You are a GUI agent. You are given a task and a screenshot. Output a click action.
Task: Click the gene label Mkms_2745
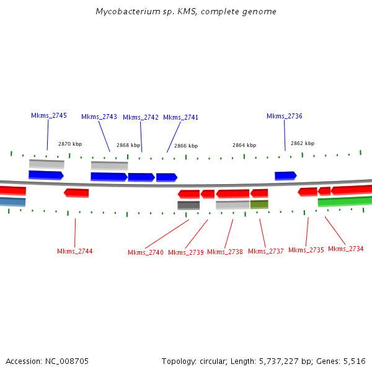tap(49, 116)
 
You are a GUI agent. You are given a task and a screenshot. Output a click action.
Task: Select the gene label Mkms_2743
tap(99, 117)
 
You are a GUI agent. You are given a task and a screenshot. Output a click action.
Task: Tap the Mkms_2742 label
tap(141, 118)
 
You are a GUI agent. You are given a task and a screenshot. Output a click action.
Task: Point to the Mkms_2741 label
tap(181, 118)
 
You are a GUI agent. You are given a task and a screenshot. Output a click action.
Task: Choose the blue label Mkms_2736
tap(285, 117)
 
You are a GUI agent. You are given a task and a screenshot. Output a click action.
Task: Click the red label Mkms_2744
tap(75, 251)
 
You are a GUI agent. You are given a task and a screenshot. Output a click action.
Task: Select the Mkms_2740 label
tap(146, 252)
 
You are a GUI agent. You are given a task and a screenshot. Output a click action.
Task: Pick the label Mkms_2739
tap(186, 252)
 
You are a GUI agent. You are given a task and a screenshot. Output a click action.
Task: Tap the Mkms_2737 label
tap(266, 251)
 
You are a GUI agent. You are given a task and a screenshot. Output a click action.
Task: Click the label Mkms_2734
tap(346, 249)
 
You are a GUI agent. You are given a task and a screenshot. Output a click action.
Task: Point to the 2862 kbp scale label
tap(303, 143)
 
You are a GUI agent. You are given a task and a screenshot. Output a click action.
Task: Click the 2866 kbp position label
tap(186, 146)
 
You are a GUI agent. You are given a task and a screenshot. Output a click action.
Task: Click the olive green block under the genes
tap(259, 204)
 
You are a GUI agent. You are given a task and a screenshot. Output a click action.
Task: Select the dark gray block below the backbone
tap(188, 205)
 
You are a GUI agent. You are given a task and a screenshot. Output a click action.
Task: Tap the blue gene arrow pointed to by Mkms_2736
tap(285, 175)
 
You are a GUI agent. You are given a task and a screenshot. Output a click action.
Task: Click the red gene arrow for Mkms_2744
tap(76, 193)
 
